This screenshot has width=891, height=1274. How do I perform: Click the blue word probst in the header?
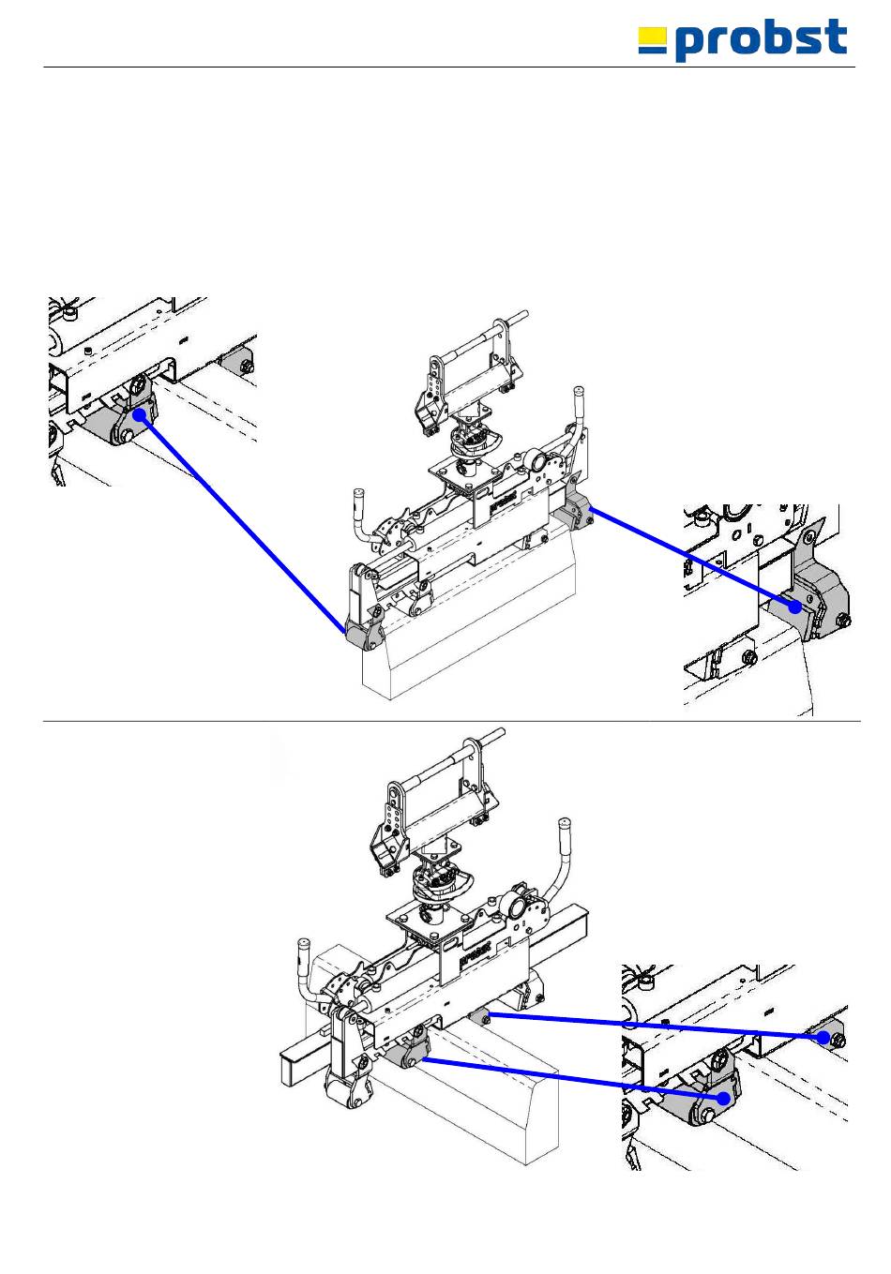762,41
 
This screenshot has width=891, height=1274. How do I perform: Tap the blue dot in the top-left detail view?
140,414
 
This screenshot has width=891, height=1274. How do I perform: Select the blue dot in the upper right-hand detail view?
794,606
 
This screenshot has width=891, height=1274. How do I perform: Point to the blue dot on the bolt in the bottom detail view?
824,1037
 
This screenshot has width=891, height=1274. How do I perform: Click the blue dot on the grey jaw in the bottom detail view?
723,1098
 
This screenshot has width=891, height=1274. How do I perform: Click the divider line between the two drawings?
450,722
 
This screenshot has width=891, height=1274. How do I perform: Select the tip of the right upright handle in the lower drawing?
565,824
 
